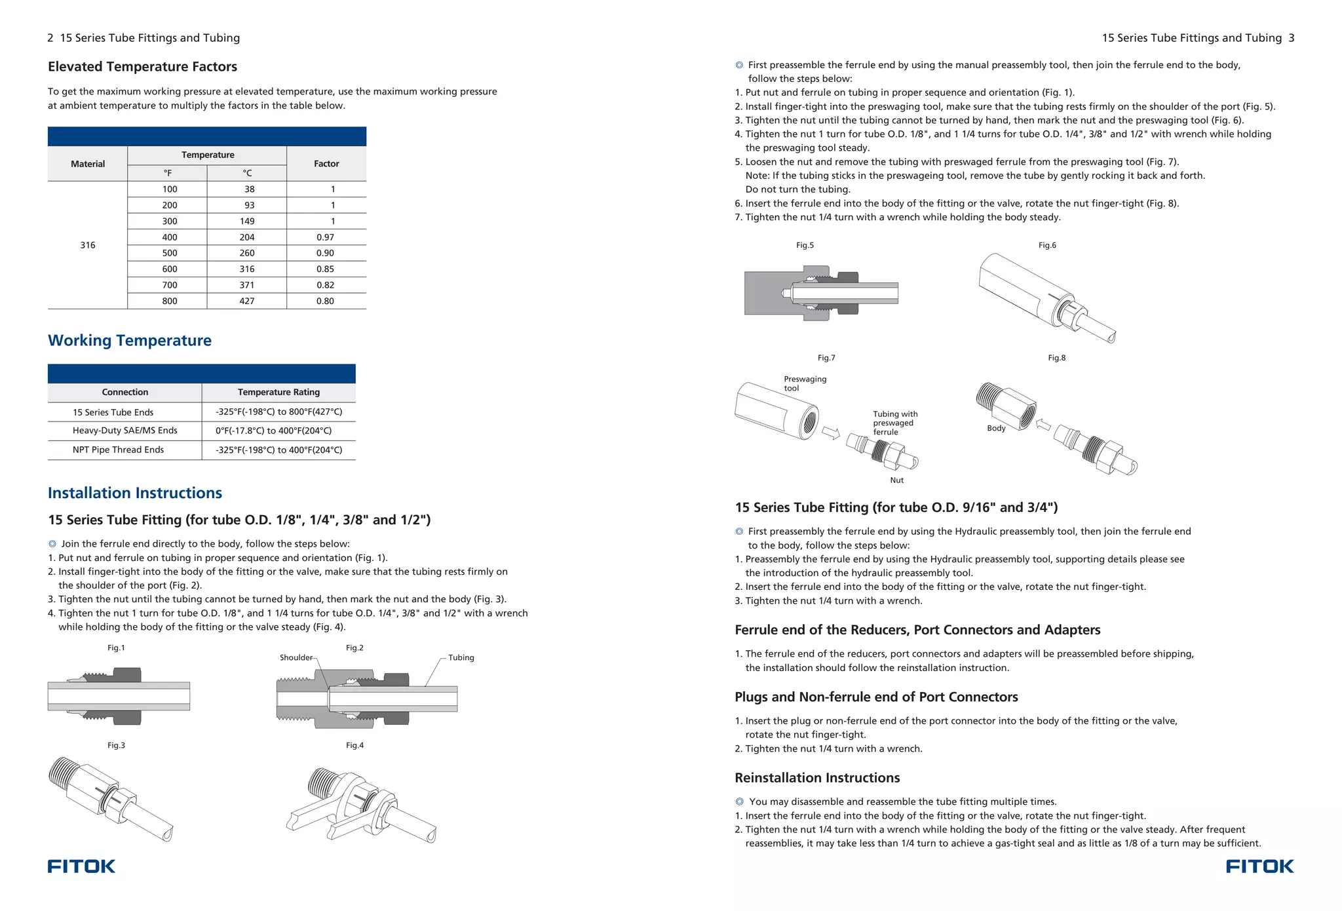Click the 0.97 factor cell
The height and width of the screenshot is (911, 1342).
pos(325,237)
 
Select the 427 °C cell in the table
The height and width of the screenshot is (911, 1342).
pos(246,301)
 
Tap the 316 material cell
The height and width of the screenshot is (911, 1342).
pos(87,245)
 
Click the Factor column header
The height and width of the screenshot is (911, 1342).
pos(326,164)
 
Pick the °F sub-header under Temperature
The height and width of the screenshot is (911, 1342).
pos(168,173)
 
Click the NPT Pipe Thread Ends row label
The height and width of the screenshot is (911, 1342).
pos(118,450)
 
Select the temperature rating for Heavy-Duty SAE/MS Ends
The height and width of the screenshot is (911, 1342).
pos(273,431)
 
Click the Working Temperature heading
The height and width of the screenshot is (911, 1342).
pos(129,340)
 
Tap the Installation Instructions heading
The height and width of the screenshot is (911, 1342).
pos(134,493)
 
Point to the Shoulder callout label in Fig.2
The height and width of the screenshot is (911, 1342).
pos(296,657)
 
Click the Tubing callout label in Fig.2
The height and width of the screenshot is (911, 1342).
pos(461,657)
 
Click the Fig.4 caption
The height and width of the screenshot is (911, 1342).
pos(355,745)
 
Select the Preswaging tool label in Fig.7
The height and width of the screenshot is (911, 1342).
pos(804,383)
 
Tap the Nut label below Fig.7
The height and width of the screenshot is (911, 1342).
pos(896,480)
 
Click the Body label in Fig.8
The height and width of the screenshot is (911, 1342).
pos(995,428)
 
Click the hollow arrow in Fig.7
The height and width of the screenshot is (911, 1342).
pos(831,433)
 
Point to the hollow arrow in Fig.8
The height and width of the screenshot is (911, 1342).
pos(1043,425)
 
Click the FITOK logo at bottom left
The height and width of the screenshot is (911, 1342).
pos(81,866)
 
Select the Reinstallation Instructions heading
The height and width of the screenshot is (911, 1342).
pos(816,778)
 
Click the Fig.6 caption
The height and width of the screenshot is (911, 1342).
pos(1046,245)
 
